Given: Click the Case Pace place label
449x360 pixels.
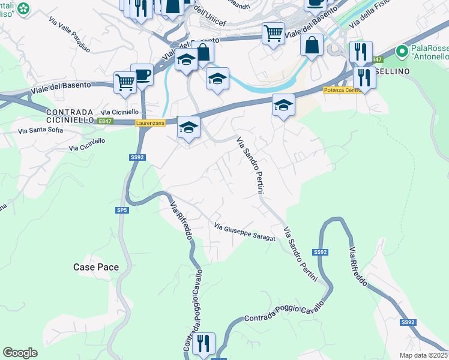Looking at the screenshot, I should coord(96,267).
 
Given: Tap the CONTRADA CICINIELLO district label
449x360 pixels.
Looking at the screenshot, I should coord(71,116).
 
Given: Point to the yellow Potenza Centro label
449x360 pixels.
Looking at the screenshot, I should coord(341,90).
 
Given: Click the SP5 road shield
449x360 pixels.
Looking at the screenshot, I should coord(122,211).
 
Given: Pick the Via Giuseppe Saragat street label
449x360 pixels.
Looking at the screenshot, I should coord(245,233).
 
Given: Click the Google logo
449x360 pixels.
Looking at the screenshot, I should coord(20,353).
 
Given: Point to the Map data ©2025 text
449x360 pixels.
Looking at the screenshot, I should coord(424,355).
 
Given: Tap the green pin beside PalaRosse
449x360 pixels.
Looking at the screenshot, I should coord(402,52).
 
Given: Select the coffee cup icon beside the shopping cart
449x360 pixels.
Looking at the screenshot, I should coord(142,75).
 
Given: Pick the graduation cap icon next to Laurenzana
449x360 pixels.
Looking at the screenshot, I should coord(188,127).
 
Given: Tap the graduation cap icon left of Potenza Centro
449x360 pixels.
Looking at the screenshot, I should coord(283,106).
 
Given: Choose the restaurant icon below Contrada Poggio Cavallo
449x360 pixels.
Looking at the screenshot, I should coord(203,343).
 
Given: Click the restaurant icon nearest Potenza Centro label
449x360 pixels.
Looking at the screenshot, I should coord(364,77).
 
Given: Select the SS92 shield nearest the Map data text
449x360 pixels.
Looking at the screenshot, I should coord(408,322).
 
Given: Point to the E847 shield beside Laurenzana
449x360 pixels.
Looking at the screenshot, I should coord(106,121).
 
